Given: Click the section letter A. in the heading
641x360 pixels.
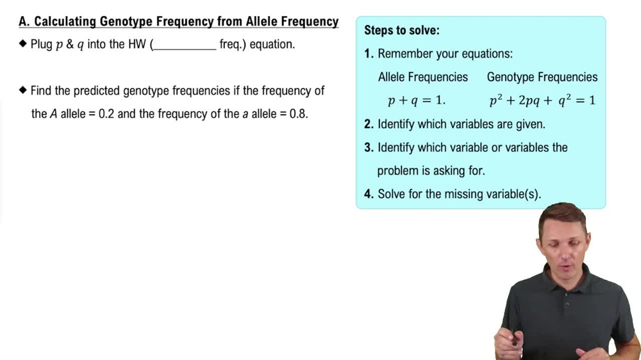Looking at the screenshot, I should coord(24,22).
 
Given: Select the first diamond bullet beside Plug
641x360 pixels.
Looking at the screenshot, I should coord(23,45).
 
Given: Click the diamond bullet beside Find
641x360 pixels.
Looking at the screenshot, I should coord(23,90).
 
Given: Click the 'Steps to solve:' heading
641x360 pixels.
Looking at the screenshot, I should coord(402,30).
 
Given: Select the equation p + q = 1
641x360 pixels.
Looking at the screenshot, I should coord(417,101).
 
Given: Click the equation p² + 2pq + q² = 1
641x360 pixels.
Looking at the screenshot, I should coord(542,101).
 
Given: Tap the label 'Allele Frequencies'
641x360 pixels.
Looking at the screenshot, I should coord(423,77).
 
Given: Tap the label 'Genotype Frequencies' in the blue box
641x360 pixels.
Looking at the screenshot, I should coord(542,77).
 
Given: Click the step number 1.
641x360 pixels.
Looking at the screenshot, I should coord(369,54).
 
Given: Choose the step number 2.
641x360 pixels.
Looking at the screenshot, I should coord(369,124).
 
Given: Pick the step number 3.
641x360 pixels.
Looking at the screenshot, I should coord(369,147).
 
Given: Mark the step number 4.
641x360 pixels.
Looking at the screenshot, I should coord(369,194).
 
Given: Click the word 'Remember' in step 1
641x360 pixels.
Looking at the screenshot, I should coord(406,54).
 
